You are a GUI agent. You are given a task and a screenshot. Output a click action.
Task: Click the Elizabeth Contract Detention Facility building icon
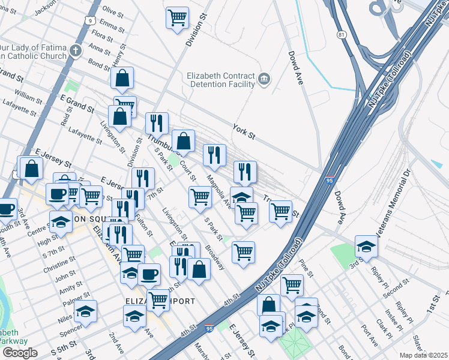click(264, 79)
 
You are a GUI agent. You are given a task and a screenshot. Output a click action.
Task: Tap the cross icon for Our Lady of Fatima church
click(76, 50)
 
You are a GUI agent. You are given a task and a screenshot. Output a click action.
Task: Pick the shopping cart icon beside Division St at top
click(177, 18)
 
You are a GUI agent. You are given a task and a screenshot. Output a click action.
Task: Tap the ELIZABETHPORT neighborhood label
click(160, 301)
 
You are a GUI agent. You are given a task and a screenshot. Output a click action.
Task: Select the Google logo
click(19, 353)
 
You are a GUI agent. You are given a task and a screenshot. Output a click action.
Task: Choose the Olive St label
click(112, 11)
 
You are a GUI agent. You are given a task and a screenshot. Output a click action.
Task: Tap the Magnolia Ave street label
click(218, 191)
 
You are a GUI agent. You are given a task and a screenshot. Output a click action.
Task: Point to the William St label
click(29, 95)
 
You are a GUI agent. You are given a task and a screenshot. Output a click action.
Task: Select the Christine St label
click(59, 265)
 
